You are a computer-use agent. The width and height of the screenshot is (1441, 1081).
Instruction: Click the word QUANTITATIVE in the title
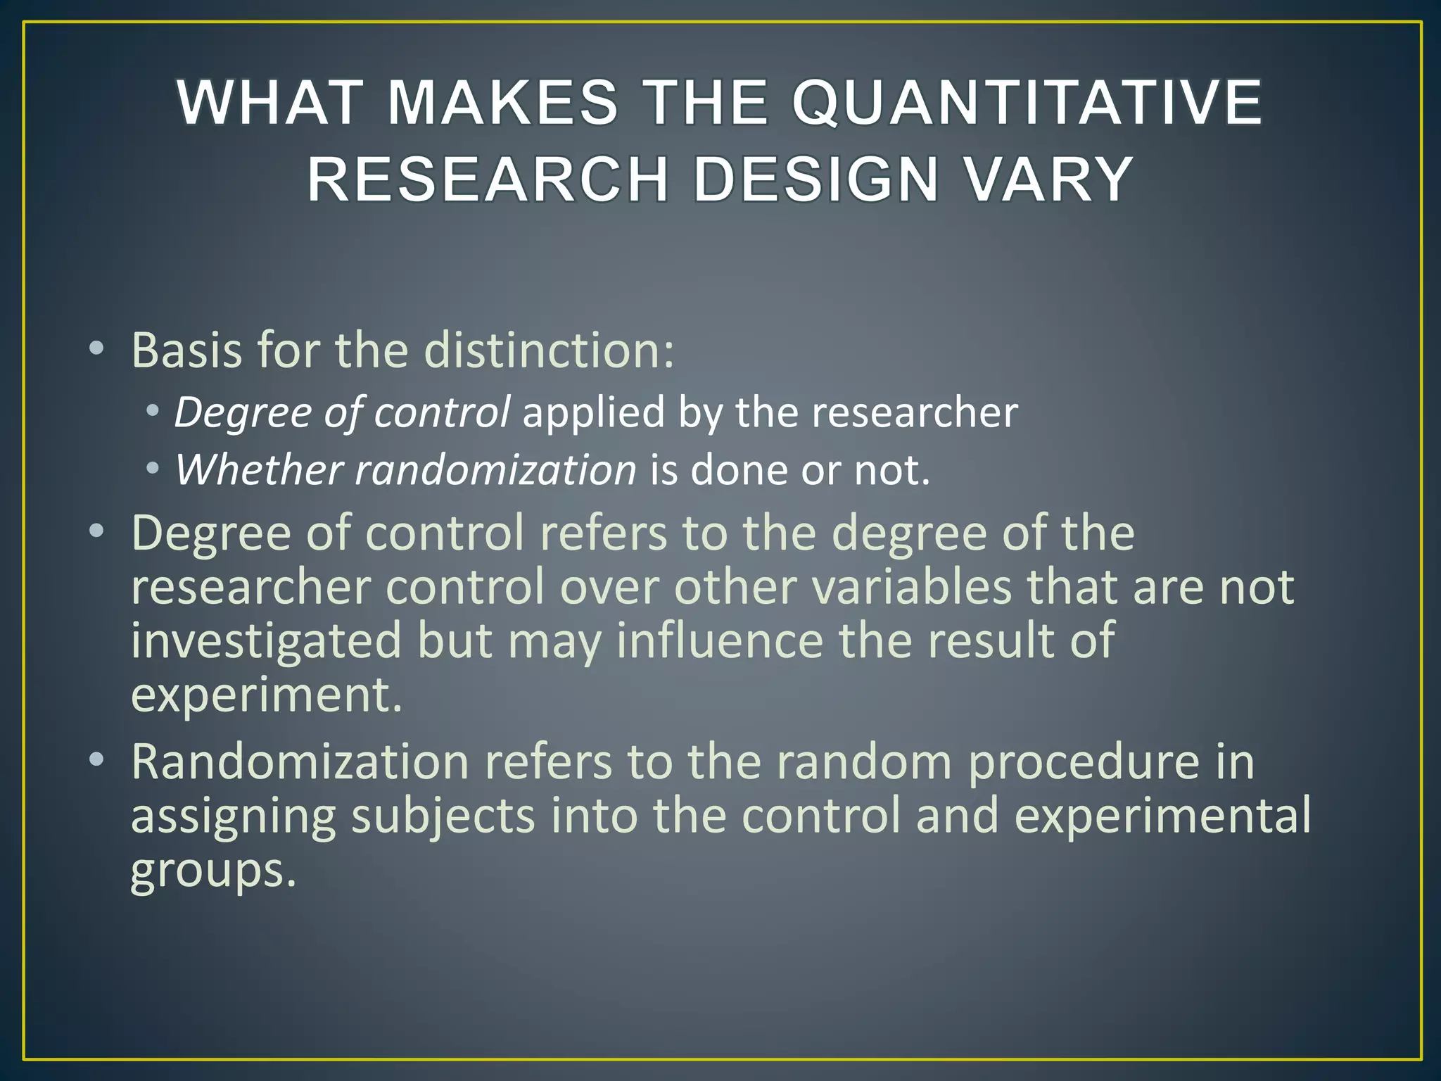(1027, 103)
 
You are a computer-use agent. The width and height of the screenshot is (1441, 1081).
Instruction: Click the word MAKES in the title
(502, 103)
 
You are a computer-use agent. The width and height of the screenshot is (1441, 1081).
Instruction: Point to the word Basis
(188, 350)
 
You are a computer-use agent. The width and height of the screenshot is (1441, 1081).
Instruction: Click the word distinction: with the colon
(550, 350)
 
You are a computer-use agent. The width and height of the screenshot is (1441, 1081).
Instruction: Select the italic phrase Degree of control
(342, 412)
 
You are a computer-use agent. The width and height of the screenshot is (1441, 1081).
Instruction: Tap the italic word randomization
(495, 470)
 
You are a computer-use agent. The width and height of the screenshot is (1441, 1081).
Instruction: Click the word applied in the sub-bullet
(593, 412)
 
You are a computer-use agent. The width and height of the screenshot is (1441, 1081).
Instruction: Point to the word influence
(720, 640)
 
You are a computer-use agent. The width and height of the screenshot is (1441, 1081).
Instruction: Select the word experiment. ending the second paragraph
(266, 695)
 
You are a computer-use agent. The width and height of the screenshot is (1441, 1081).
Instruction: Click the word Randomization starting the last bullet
(300, 762)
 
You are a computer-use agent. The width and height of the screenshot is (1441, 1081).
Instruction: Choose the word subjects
(443, 816)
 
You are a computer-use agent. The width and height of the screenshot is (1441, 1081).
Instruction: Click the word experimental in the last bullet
(1162, 816)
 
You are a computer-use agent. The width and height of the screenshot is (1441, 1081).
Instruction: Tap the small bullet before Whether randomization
(152, 469)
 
